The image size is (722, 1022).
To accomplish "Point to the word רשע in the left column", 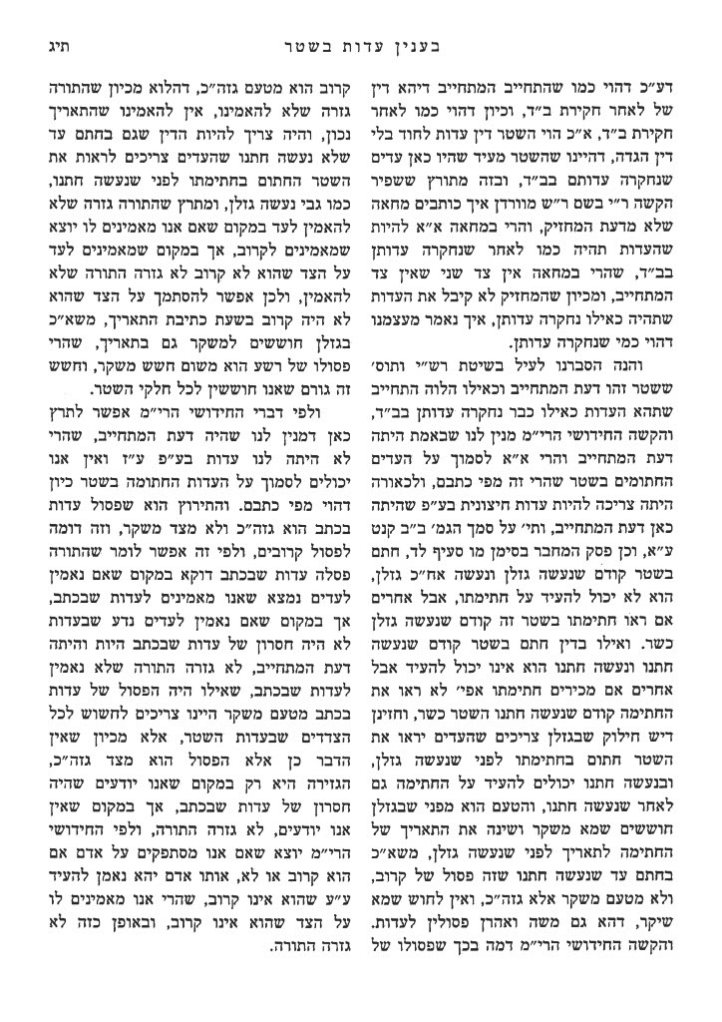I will click(286, 360).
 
